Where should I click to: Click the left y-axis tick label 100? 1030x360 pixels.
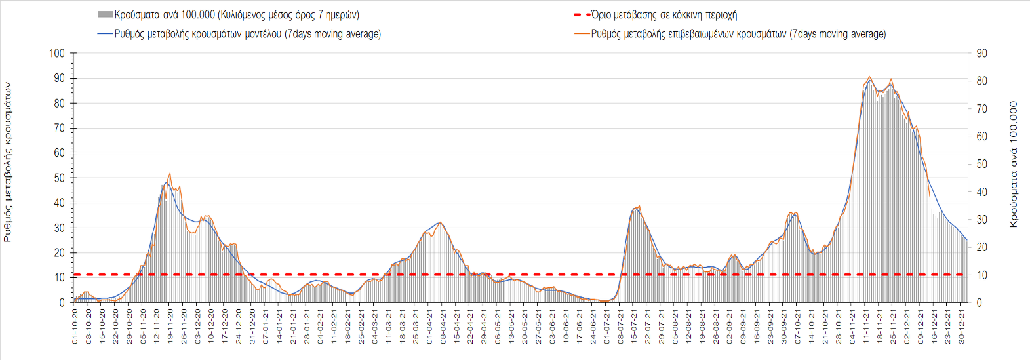tap(57, 53)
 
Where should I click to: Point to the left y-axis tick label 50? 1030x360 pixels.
tap(59, 178)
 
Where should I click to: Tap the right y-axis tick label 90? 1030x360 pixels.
tap(982, 53)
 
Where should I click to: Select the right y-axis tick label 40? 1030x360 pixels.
tap(982, 192)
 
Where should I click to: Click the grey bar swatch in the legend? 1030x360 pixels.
tap(104, 14)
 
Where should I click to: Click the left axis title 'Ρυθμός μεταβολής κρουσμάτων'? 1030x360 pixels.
tap(8, 162)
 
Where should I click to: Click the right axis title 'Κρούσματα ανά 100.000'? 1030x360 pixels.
tap(1014, 164)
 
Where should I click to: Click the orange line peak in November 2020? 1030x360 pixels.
tap(170, 174)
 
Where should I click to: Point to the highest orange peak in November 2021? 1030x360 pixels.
tap(869, 77)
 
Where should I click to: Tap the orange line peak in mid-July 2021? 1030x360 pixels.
tap(639, 207)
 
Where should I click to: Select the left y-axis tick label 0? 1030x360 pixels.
tap(62, 303)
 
